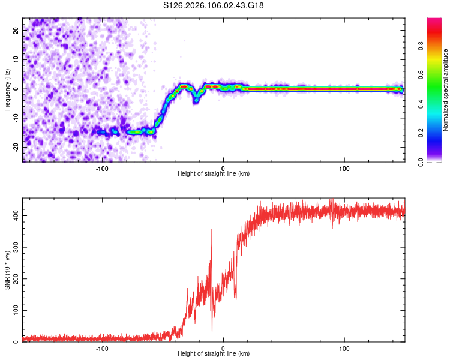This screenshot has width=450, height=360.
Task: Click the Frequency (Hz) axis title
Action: point(7,89)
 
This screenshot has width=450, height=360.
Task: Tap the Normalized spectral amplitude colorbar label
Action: point(446,90)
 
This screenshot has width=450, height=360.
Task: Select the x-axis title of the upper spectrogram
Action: point(214,175)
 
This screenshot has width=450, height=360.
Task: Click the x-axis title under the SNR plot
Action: point(214,355)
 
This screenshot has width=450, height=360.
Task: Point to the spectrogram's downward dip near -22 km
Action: point(196,100)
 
